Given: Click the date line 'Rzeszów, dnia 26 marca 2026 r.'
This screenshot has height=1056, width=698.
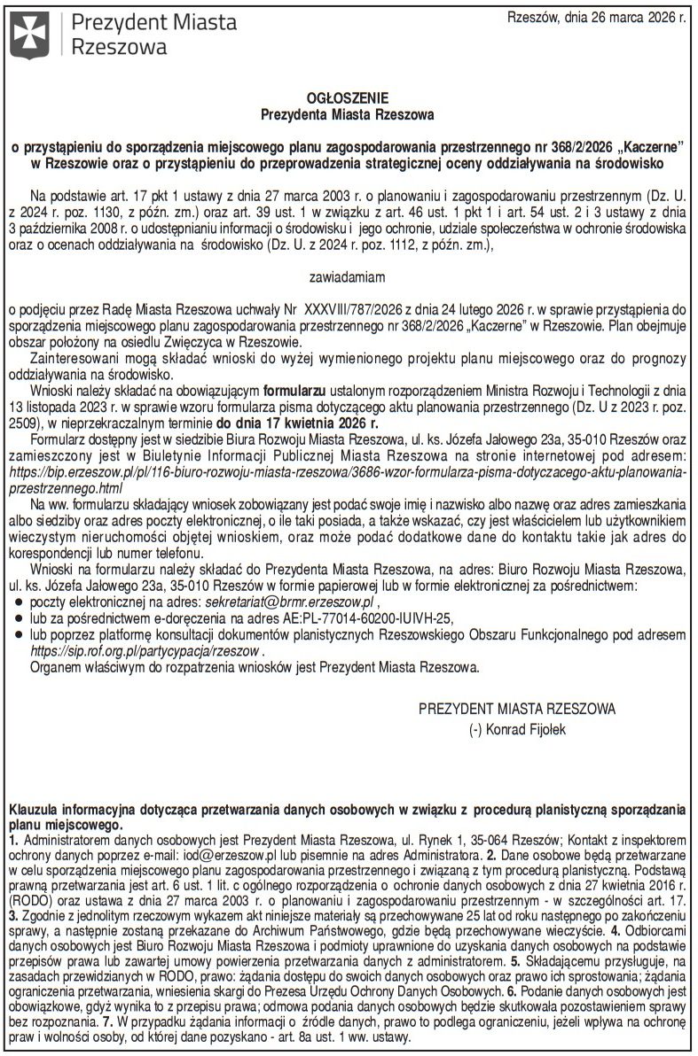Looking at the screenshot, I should (x=595, y=16).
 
